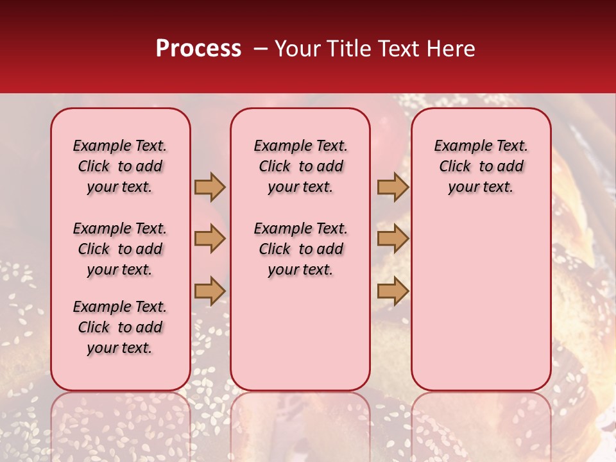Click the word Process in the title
pyautogui.click(x=198, y=49)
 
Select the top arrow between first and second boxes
pyautogui.click(x=210, y=187)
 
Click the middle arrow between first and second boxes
pyautogui.click(x=210, y=239)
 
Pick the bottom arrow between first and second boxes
pyautogui.click(x=210, y=291)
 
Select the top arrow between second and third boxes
pyautogui.click(x=393, y=187)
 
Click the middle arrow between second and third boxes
pyautogui.click(x=393, y=239)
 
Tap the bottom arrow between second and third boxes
pyautogui.click(x=393, y=291)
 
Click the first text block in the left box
pyautogui.click(x=120, y=166)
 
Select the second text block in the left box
pyautogui.click(x=120, y=249)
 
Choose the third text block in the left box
pyautogui.click(x=120, y=327)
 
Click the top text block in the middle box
pyautogui.click(x=300, y=166)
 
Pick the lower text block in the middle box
pyautogui.click(x=300, y=249)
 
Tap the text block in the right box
pyautogui.click(x=481, y=166)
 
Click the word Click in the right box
pyautogui.click(x=455, y=167)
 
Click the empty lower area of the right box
pyautogui.click(x=481, y=295)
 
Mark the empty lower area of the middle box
pyautogui.click(x=300, y=334)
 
